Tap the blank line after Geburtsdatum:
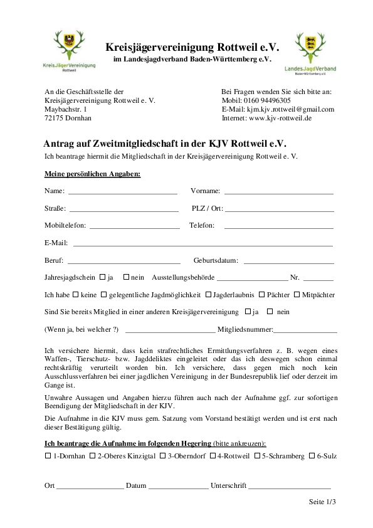click(x=288, y=261)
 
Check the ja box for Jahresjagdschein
click(x=103, y=277)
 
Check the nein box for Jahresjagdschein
click(x=126, y=277)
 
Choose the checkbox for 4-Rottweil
click(x=213, y=456)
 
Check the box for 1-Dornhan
click(x=48, y=456)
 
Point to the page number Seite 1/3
click(x=322, y=502)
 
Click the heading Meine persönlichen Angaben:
click(x=92, y=173)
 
